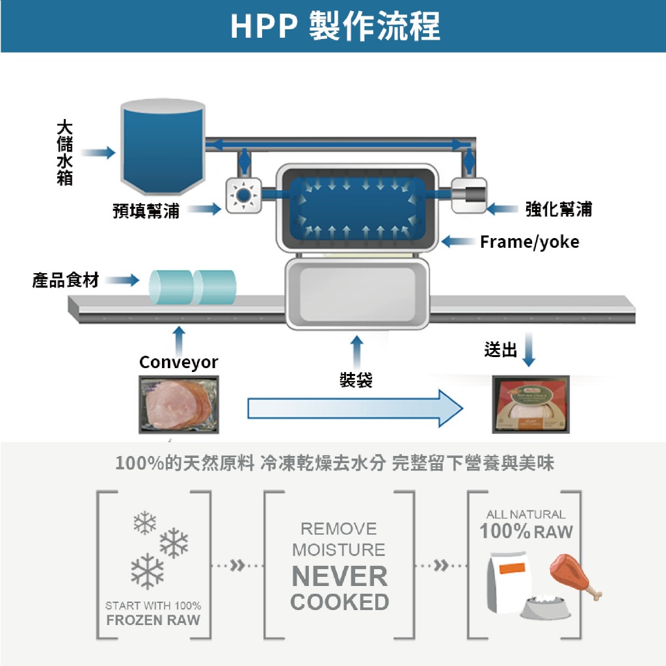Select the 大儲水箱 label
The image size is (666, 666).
point(64,152)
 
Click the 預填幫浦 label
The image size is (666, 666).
point(146,209)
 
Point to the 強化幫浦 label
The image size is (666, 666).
point(559,209)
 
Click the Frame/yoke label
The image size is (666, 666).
point(529,242)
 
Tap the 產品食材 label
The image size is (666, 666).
point(66,280)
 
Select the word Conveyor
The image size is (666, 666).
point(179,362)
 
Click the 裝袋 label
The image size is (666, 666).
point(356,380)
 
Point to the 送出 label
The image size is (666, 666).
point(501,350)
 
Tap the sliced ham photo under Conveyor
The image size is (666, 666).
point(178,405)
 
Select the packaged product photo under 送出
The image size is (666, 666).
point(531,404)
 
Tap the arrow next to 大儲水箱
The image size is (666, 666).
point(98,153)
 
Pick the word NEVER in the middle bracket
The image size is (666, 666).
point(340,576)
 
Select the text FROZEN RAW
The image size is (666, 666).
point(153,620)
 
